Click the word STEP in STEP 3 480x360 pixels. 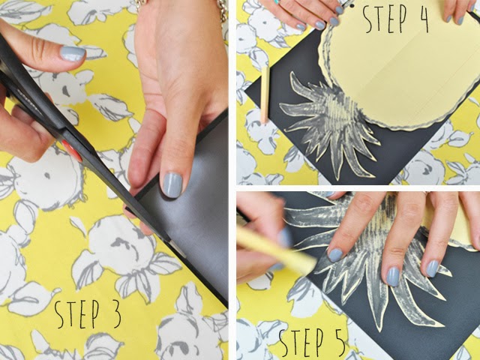(x=76, y=314)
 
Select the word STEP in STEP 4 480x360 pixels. (x=385, y=19)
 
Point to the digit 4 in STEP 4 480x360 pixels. (x=421, y=19)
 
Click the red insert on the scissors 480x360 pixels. (x=72, y=151)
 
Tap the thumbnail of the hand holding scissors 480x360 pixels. (x=72, y=53)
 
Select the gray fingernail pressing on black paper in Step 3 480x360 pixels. (x=172, y=185)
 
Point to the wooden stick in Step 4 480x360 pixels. (x=265, y=95)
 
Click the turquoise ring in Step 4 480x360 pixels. (x=277, y=1)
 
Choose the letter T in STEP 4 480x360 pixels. (x=379, y=19)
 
